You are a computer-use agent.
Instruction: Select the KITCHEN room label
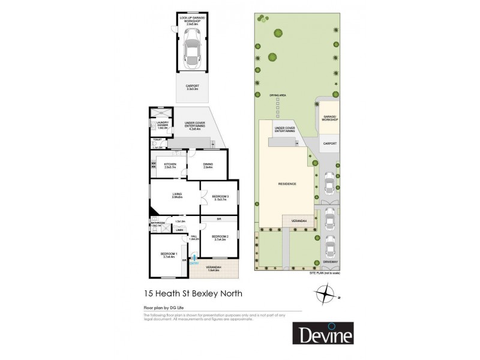click(170, 165)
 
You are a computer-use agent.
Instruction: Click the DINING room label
click(207, 165)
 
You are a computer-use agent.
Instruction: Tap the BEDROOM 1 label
click(167, 255)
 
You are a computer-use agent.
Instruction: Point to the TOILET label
click(157, 140)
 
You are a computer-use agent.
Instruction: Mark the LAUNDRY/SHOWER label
click(162, 124)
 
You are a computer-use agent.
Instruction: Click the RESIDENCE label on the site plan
click(287, 184)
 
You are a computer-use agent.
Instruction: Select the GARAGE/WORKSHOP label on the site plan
click(331, 119)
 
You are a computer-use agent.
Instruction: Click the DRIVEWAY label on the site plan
click(331, 262)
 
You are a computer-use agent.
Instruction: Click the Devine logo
click(323, 334)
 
